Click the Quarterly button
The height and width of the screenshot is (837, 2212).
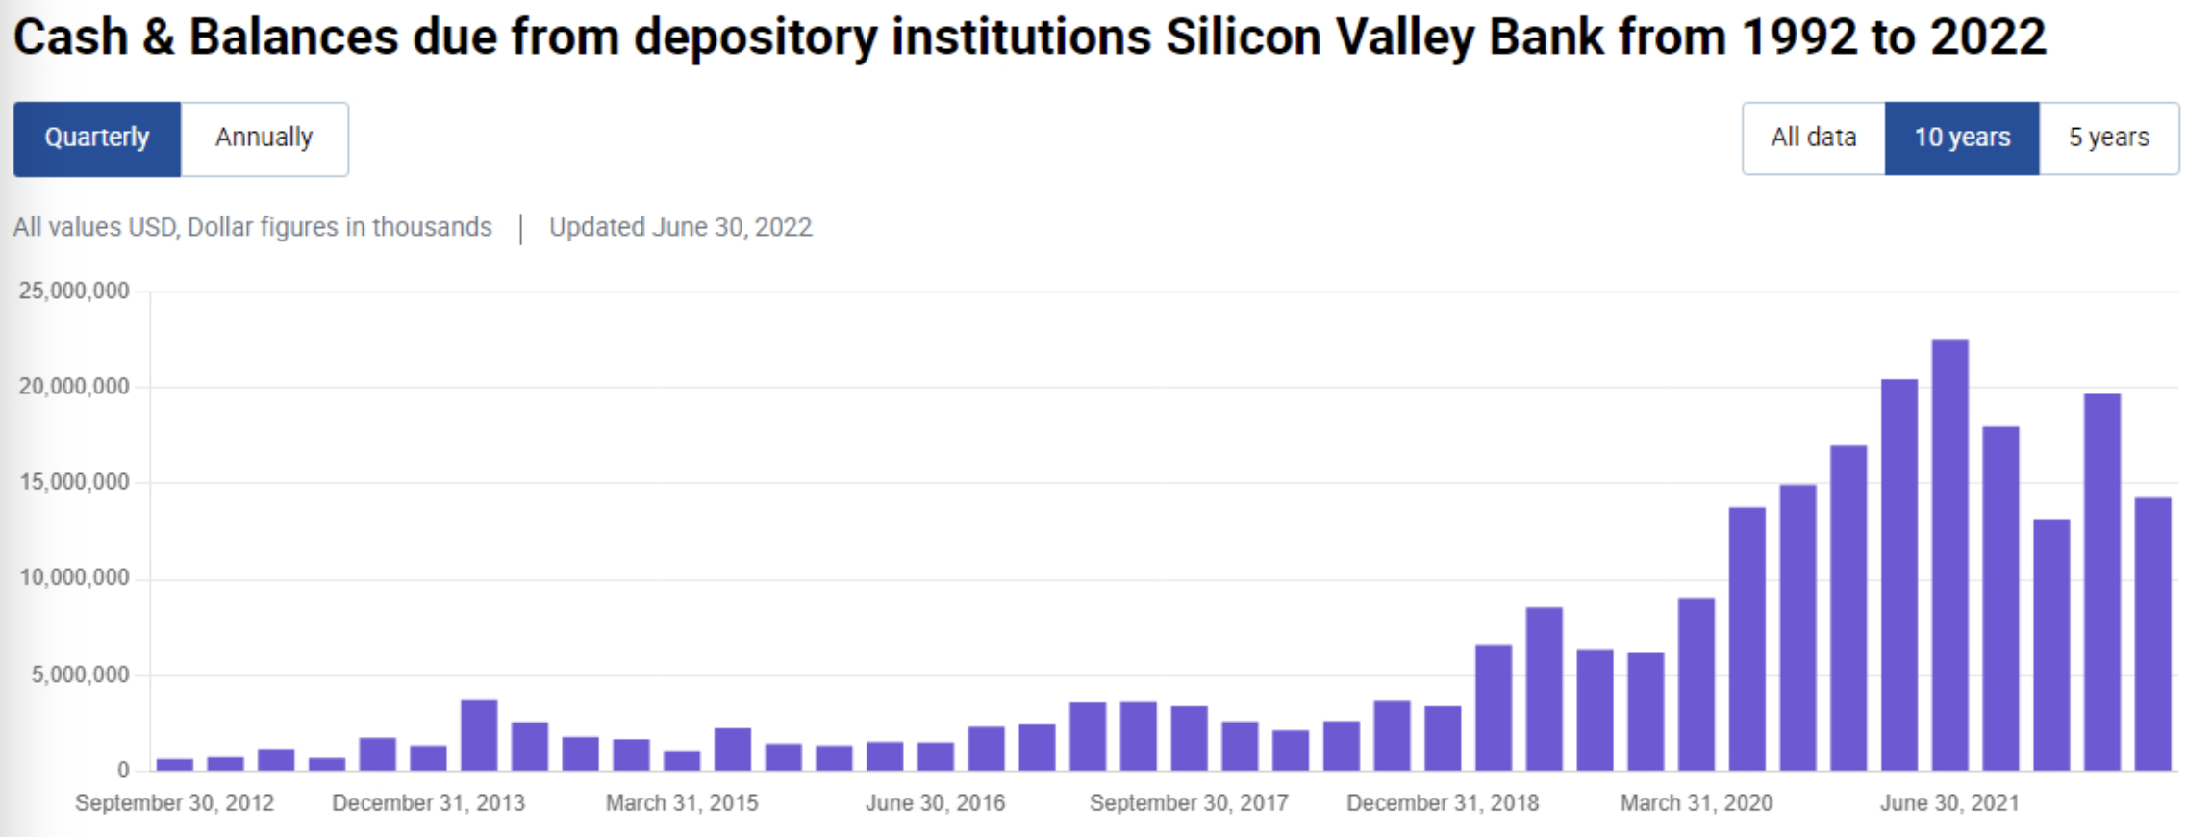[97, 139]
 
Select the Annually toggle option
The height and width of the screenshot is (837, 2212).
[264, 139]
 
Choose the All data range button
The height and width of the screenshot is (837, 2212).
[1814, 138]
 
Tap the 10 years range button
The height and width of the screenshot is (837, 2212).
[1962, 138]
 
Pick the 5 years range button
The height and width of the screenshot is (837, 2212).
[2109, 138]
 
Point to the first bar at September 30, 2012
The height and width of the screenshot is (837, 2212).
[175, 764]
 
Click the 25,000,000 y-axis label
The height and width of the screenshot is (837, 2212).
[74, 291]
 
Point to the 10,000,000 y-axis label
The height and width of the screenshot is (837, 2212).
[74, 577]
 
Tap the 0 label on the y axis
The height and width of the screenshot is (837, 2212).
[123, 770]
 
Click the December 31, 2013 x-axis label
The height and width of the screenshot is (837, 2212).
[429, 802]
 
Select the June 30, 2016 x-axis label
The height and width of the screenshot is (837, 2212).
[935, 802]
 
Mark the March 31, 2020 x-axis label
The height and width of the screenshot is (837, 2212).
[1697, 802]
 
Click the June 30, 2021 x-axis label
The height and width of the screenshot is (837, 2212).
[1949, 802]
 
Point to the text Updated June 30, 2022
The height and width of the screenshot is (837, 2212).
[681, 227]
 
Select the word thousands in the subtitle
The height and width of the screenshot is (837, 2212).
[432, 227]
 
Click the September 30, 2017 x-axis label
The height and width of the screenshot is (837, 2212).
[1189, 802]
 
